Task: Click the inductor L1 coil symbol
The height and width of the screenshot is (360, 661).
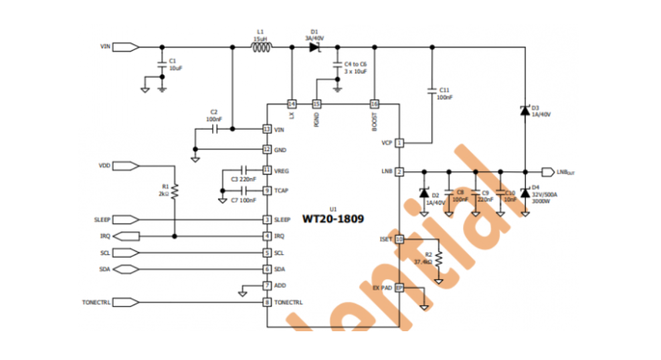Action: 261,47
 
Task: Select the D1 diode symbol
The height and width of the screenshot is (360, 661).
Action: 314,47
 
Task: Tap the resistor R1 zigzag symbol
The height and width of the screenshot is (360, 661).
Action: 175,192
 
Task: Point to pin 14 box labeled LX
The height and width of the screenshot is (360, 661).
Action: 292,104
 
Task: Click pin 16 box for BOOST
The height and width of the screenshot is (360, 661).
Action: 375,104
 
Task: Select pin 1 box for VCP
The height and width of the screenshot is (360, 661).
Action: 399,143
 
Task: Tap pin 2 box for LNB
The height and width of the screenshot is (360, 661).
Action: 399,172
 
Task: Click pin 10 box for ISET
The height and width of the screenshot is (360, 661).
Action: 399,239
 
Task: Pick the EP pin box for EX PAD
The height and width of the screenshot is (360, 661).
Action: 399,288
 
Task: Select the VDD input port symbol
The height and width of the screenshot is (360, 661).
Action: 127,165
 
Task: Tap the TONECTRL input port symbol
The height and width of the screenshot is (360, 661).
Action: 127,302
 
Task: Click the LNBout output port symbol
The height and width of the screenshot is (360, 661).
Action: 547,171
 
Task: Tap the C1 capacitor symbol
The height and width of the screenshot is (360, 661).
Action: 161,65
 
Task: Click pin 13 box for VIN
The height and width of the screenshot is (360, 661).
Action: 267,129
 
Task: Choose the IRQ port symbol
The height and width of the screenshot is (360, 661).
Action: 127,236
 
